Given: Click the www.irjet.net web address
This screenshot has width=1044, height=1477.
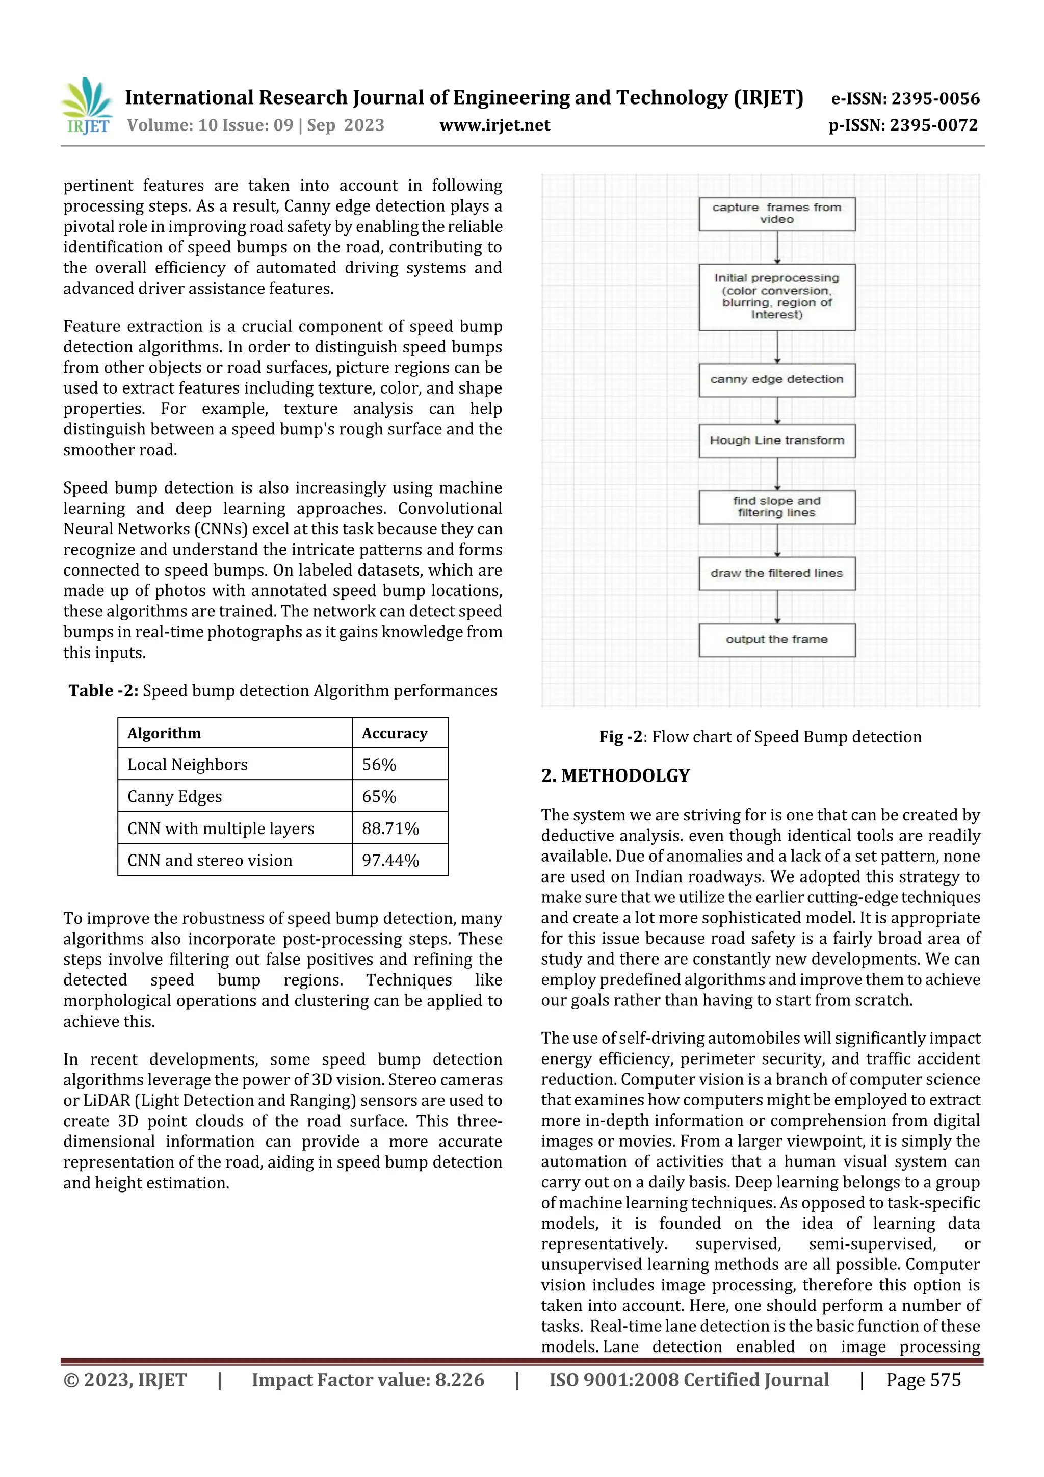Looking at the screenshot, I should coord(494,125).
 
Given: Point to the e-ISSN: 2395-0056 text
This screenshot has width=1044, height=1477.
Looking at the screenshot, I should coord(905,98).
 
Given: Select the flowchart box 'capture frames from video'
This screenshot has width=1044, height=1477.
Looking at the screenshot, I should coord(777,214).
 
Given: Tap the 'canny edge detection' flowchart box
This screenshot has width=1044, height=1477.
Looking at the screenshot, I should coord(777,379).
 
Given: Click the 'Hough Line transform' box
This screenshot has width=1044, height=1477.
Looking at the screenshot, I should coord(777,440).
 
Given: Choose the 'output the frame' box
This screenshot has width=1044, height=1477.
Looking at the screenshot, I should coord(777,639).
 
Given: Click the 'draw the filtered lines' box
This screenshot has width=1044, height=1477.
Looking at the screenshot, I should coord(777,573).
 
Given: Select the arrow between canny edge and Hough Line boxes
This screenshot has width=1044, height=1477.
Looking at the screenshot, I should coord(777,410).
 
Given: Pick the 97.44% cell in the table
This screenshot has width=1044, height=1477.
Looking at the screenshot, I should coord(390,860).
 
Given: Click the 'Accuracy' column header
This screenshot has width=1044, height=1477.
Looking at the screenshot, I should coord(395,733).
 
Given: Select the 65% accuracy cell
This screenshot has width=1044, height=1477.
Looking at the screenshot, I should coord(379,796).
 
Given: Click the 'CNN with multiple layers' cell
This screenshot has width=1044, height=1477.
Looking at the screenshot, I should coord(221,828).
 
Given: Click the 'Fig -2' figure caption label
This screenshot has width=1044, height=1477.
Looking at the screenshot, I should coord(620,737).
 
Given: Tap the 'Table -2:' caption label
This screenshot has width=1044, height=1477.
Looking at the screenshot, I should coord(103,691).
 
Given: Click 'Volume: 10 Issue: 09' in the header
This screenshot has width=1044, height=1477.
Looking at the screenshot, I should coord(211,125).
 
